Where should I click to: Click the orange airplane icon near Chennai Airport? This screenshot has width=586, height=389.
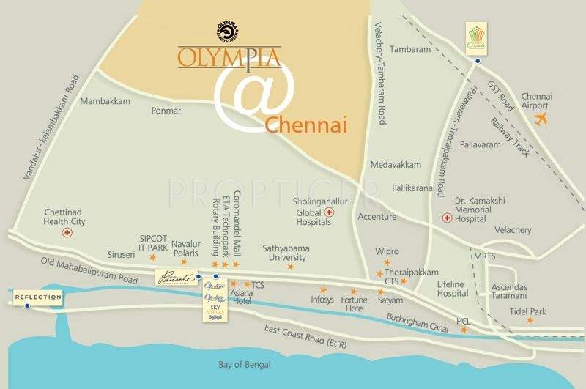pos(541,119)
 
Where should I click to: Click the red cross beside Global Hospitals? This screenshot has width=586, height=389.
pos(329,213)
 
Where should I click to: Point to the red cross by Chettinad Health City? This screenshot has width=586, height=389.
pos(67,232)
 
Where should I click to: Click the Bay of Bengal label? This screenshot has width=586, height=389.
pos(245,365)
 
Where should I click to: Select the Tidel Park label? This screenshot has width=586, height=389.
pos(528,312)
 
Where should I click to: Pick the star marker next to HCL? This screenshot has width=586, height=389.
pos(464,330)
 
